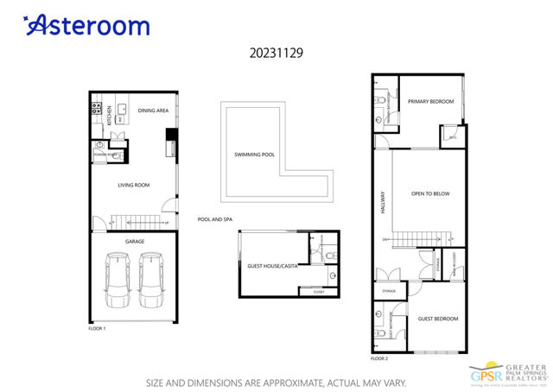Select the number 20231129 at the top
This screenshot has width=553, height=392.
[276, 52]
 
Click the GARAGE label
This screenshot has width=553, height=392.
[135, 242]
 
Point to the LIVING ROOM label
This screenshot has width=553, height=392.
[134, 185]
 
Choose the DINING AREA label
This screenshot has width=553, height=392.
[153, 111]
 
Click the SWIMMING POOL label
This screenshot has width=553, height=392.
[255, 155]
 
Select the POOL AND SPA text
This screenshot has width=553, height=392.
[216, 219]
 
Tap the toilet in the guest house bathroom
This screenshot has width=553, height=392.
[333, 276]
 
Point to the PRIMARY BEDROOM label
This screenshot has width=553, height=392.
[431, 102]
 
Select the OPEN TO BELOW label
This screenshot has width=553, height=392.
[430, 193]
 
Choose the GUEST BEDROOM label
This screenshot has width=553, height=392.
[439, 319]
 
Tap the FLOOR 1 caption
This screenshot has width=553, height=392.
[98, 329]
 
